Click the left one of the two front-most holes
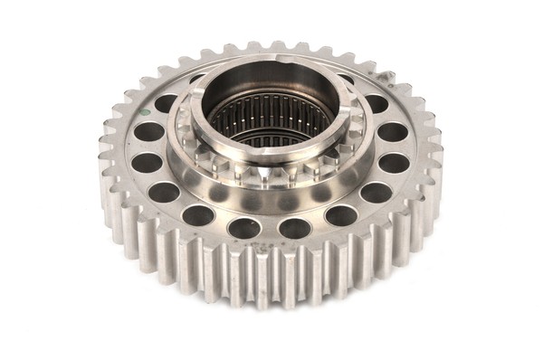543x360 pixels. [x=244, y=228]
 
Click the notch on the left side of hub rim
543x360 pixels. [x=191, y=118]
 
